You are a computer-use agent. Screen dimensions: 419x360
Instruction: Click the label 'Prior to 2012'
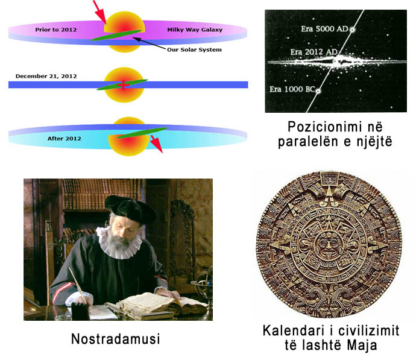click(x=56, y=30)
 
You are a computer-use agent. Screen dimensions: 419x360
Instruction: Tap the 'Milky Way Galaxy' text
click(x=195, y=30)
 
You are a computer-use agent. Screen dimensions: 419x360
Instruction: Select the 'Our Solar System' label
click(x=194, y=49)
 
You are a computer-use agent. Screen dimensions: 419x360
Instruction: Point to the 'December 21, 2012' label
click(x=46, y=76)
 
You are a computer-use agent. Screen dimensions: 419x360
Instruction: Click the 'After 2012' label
click(x=64, y=139)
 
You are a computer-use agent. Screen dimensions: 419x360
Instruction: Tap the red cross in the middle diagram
click(x=123, y=85)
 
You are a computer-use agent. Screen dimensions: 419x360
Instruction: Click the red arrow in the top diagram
click(x=99, y=11)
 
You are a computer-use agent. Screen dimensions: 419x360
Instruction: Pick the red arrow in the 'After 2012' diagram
click(x=157, y=144)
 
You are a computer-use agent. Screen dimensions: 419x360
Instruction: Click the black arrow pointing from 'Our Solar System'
click(x=149, y=43)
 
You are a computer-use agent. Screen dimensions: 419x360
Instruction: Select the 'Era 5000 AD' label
click(x=324, y=28)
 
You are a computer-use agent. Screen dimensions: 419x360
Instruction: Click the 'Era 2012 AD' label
click(x=314, y=52)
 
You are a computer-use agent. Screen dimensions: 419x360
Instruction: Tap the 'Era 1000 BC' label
click(x=292, y=89)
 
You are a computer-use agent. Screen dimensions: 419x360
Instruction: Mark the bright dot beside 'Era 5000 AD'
click(x=353, y=30)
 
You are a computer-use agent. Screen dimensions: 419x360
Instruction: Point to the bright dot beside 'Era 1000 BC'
click(x=318, y=91)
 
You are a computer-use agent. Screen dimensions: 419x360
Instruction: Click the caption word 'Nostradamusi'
click(x=115, y=339)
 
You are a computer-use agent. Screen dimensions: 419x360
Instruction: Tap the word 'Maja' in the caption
click(x=362, y=345)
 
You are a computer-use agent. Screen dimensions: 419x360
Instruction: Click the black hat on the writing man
click(x=130, y=209)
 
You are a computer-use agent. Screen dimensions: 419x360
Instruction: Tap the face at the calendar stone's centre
click(x=329, y=245)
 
